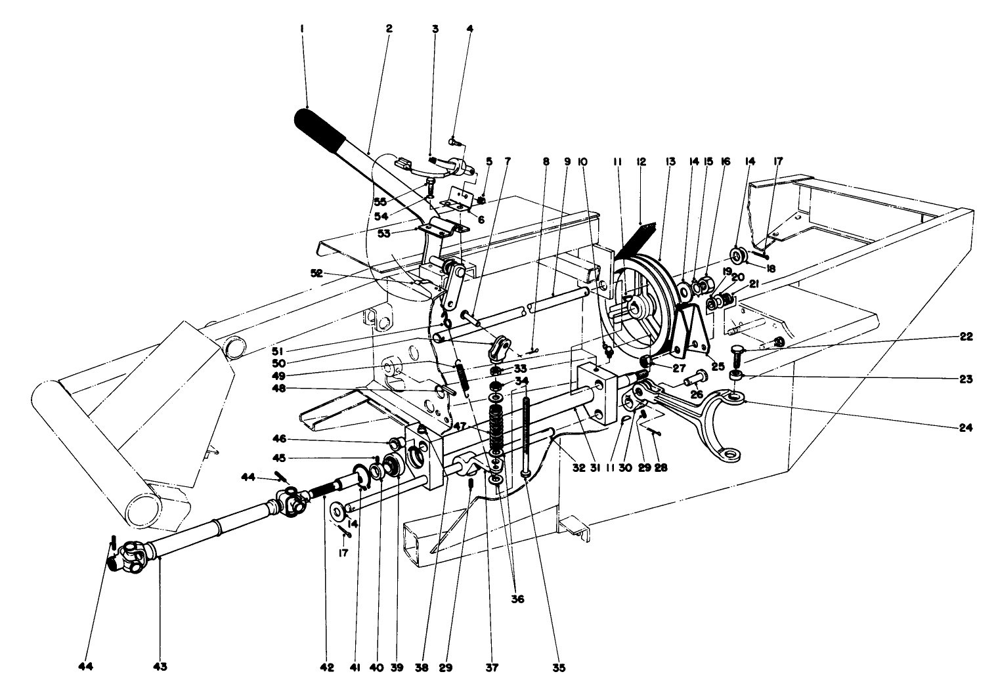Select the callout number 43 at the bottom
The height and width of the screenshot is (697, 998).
pos(160,667)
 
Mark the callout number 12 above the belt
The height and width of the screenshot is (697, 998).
pos(641,161)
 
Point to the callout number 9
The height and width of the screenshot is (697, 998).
pos(567,161)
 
